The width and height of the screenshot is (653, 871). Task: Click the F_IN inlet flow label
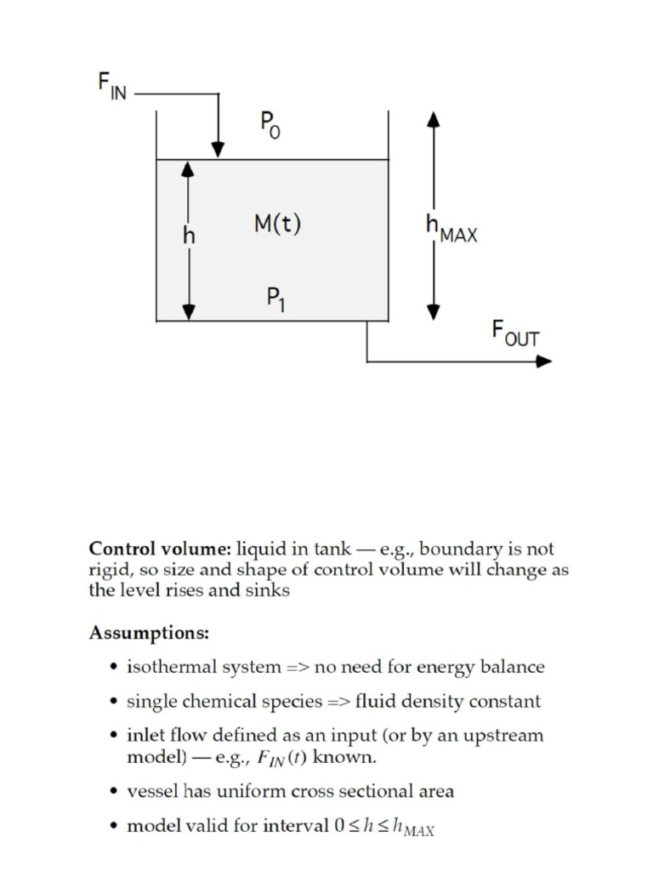(111, 88)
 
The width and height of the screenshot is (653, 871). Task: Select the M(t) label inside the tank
(277, 225)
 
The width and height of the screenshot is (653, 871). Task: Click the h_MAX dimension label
(451, 228)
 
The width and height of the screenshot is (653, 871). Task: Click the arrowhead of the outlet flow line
(543, 361)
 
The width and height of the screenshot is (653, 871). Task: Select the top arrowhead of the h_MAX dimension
(434, 119)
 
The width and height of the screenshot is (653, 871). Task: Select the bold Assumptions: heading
(148, 634)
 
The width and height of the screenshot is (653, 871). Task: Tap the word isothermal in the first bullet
(165, 668)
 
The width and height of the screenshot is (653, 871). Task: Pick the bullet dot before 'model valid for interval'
(114, 827)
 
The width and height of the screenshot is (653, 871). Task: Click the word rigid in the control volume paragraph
(108, 570)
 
